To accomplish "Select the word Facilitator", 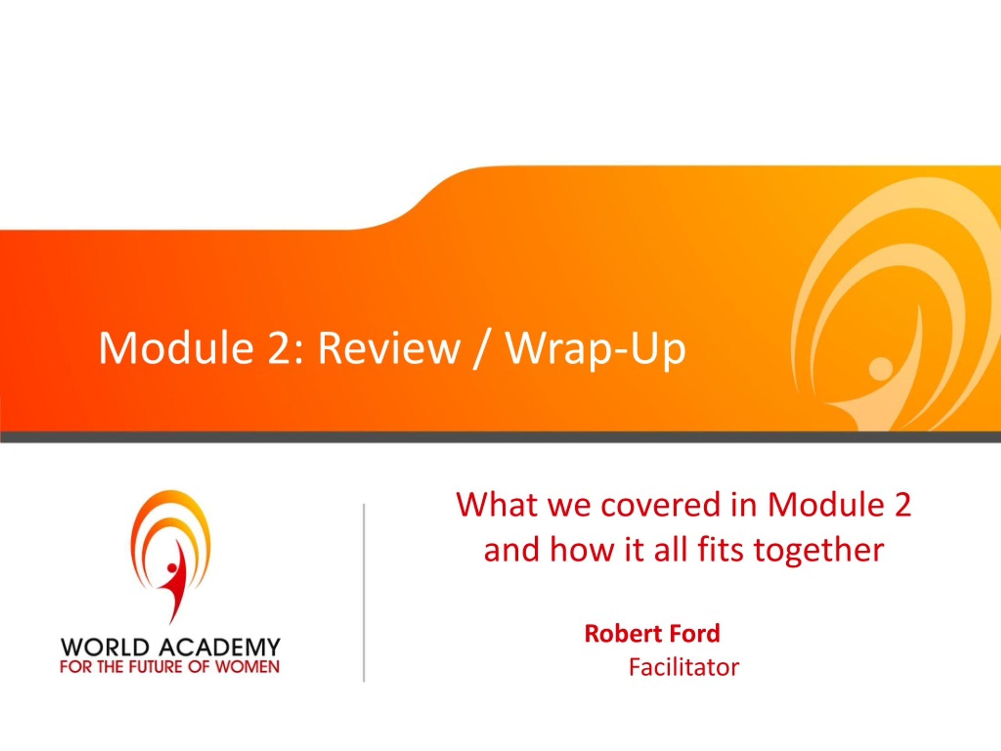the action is click(x=684, y=667).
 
